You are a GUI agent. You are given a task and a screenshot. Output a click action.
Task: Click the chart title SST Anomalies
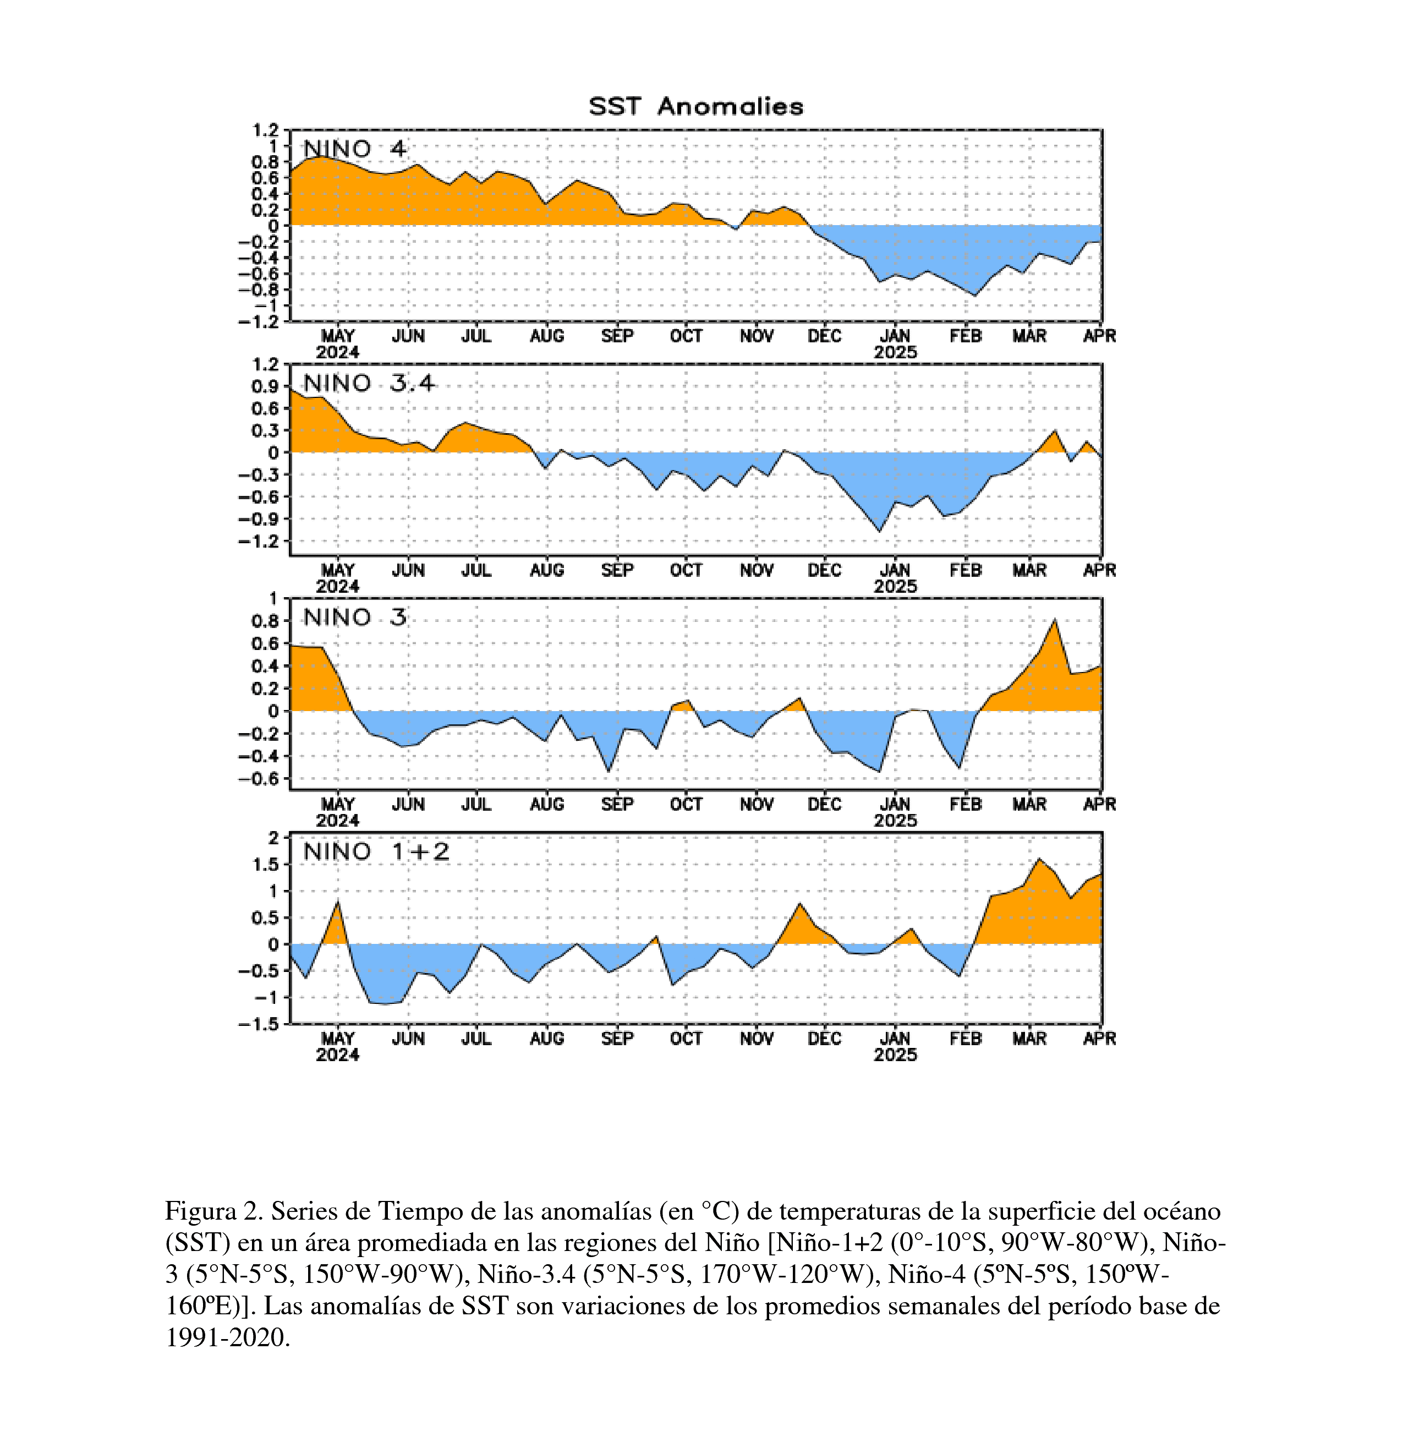coord(696,107)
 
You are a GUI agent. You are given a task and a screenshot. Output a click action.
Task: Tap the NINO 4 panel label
coord(355,149)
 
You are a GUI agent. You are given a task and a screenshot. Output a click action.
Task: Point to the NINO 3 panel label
coord(355,618)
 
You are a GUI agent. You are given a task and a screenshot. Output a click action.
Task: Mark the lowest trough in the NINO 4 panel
coord(974,296)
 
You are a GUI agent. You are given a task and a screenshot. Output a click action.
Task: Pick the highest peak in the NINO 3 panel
coord(1055,619)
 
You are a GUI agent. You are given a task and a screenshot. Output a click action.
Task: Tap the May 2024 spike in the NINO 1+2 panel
coord(338,902)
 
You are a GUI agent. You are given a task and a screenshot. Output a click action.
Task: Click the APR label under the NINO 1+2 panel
coord(1099,1039)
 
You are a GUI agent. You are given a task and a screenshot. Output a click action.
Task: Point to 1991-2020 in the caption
coord(226,1338)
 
